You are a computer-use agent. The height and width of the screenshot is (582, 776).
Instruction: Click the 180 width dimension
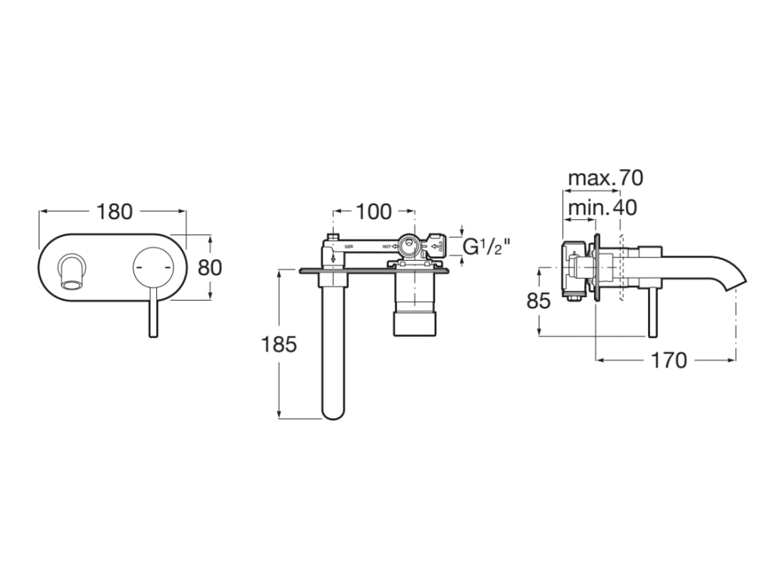point(114,211)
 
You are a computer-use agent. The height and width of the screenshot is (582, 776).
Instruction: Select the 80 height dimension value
point(210,268)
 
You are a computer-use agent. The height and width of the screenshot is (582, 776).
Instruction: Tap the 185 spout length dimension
point(278,344)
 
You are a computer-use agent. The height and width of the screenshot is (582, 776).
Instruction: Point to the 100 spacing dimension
point(374,211)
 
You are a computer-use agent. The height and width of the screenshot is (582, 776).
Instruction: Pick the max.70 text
point(605,178)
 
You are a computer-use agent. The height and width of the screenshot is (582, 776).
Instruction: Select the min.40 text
point(602,207)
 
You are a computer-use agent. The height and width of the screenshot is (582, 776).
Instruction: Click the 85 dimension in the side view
point(538,301)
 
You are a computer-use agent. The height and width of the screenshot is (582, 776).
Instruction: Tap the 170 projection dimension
point(668,359)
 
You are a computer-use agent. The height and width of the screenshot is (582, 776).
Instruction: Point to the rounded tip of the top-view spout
point(333,409)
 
